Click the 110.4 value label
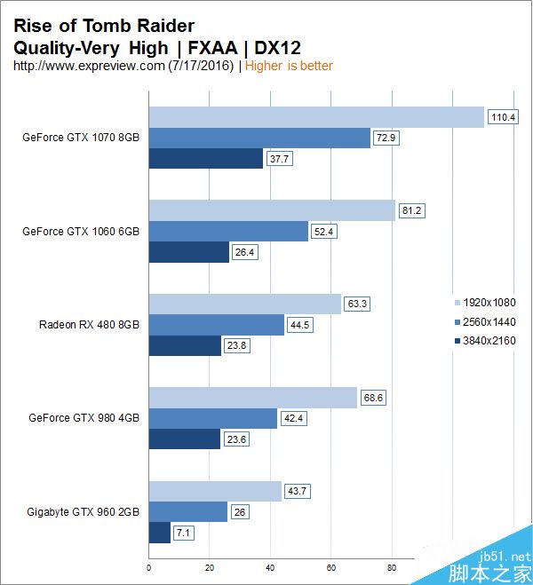click(503, 117)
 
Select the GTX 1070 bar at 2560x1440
click(259, 138)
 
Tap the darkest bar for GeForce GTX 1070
click(206, 159)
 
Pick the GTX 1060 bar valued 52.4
click(228, 232)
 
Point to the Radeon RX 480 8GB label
click(89, 324)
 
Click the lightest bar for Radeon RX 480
click(245, 304)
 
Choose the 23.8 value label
click(237, 346)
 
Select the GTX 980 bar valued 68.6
click(253, 397)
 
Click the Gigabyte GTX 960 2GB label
click(83, 511)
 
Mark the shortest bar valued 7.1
click(160, 532)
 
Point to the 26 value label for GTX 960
click(241, 512)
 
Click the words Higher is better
click(289, 66)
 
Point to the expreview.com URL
click(89, 66)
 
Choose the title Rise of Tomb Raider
click(104, 26)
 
